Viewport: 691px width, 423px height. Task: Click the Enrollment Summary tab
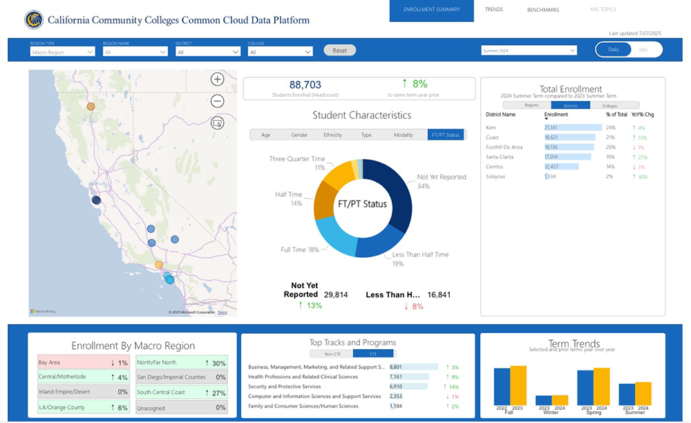[x=431, y=10]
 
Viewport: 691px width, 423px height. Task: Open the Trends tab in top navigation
[x=494, y=10]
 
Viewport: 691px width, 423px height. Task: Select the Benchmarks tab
[x=542, y=10]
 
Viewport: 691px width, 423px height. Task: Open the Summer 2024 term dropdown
[x=529, y=50]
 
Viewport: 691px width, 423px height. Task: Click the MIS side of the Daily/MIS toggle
[x=643, y=50]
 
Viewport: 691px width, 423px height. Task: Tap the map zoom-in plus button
[x=218, y=79]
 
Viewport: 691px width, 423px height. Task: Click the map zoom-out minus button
[x=218, y=102]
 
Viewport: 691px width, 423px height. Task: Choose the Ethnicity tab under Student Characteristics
[x=332, y=135]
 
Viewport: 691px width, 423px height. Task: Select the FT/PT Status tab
[x=446, y=135]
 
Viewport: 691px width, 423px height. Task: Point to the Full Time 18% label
[x=299, y=249]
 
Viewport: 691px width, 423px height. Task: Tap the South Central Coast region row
[x=181, y=393]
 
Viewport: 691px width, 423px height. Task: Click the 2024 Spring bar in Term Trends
[x=601, y=386]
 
